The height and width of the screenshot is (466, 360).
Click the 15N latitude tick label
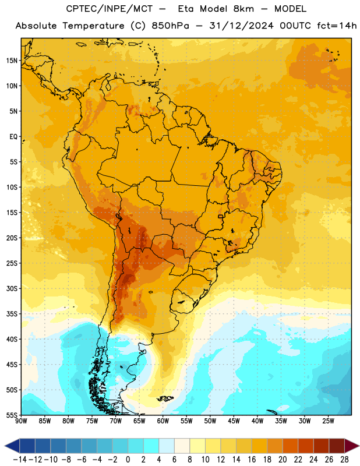pos(12,61)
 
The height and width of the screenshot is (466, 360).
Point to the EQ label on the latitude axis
pos(13,137)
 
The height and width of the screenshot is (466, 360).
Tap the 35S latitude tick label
pos(12,314)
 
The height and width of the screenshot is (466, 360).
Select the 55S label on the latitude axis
pos(12,415)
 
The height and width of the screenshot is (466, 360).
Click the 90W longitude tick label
pos(21,421)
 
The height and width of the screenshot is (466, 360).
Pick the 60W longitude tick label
pos(163,421)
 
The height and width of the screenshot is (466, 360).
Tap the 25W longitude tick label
pos(328,421)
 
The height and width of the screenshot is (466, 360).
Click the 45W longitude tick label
pos(234,421)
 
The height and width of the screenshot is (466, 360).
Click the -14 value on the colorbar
pos(20,460)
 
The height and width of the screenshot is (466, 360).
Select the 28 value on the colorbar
pos(344,460)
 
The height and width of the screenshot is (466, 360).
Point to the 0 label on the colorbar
pos(128,460)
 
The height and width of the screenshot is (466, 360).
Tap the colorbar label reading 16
pos(252,460)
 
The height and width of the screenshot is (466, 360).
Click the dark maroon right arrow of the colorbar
pos(352,446)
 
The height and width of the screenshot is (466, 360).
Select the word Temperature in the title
pos(93,26)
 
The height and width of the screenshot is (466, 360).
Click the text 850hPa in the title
pos(170,26)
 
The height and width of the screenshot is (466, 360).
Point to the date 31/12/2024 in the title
pos(241,26)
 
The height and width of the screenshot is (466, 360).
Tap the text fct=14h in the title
pos(337,26)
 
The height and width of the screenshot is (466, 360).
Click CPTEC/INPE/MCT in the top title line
pos(110,9)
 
